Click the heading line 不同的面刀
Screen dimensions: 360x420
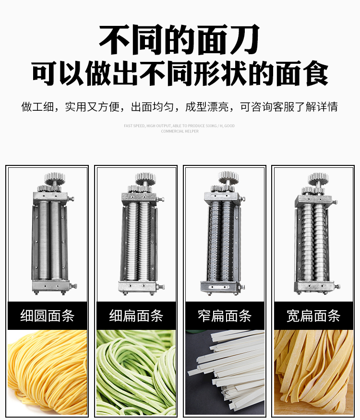(x=179, y=39)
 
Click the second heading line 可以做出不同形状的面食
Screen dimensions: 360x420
(x=180, y=73)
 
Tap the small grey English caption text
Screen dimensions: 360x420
(x=180, y=128)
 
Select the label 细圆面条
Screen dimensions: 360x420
(x=47, y=315)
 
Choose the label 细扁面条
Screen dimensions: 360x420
(x=136, y=315)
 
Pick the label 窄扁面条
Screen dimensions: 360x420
(x=225, y=315)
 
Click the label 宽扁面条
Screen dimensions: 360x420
(x=313, y=315)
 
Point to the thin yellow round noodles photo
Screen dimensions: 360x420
(x=47, y=373)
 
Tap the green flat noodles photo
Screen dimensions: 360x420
(x=136, y=373)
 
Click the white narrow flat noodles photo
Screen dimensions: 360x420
(x=225, y=373)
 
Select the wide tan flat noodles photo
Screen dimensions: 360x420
(x=313, y=373)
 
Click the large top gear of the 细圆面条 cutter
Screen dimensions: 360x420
(x=55, y=179)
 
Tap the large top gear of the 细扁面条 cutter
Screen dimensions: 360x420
(x=145, y=178)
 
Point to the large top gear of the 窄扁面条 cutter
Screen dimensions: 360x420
(x=228, y=177)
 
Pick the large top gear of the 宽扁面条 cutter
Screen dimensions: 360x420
(x=318, y=179)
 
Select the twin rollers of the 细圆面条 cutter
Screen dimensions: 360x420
(x=50, y=240)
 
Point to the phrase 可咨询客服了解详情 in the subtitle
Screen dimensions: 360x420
(x=289, y=106)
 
